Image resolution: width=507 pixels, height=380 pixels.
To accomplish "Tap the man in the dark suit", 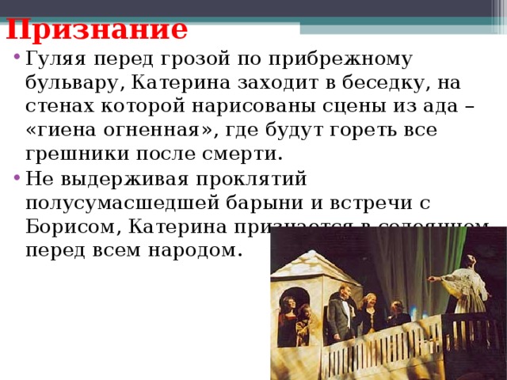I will point(341,313).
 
